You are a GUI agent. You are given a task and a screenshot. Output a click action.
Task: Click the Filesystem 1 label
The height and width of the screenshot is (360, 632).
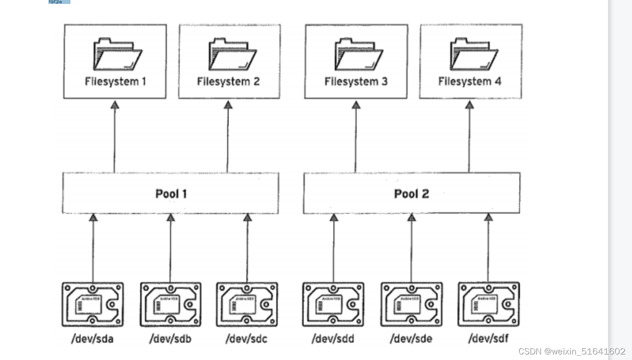click(x=115, y=82)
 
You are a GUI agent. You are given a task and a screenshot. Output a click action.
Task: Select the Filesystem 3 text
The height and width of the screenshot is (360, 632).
click(x=356, y=82)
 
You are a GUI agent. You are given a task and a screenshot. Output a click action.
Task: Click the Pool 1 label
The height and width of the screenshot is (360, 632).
click(x=171, y=193)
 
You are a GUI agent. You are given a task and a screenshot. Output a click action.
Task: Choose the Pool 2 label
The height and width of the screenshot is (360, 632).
click(x=411, y=193)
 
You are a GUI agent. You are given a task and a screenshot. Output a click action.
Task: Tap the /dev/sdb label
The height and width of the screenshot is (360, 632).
click(x=170, y=339)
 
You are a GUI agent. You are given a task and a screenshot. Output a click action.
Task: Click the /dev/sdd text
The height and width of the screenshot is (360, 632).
click(x=333, y=339)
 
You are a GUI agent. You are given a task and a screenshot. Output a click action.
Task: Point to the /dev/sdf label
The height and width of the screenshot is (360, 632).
click(x=488, y=339)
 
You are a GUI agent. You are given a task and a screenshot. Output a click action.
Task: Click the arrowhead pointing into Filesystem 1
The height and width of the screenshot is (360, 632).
click(x=114, y=105)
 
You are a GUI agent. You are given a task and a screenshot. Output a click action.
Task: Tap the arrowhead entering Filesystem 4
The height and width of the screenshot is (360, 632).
click(x=469, y=105)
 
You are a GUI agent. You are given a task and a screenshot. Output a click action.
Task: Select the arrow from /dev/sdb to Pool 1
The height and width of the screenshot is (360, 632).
click(x=170, y=249)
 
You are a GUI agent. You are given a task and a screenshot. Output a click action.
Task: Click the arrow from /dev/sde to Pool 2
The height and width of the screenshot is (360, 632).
click(x=411, y=249)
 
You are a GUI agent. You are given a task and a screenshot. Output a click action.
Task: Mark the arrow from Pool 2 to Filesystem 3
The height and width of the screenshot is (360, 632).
click(x=355, y=138)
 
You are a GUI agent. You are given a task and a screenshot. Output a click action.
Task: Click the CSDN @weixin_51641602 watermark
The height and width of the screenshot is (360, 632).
click(x=572, y=351)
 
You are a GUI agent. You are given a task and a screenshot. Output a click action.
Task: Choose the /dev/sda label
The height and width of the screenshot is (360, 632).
click(x=92, y=339)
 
